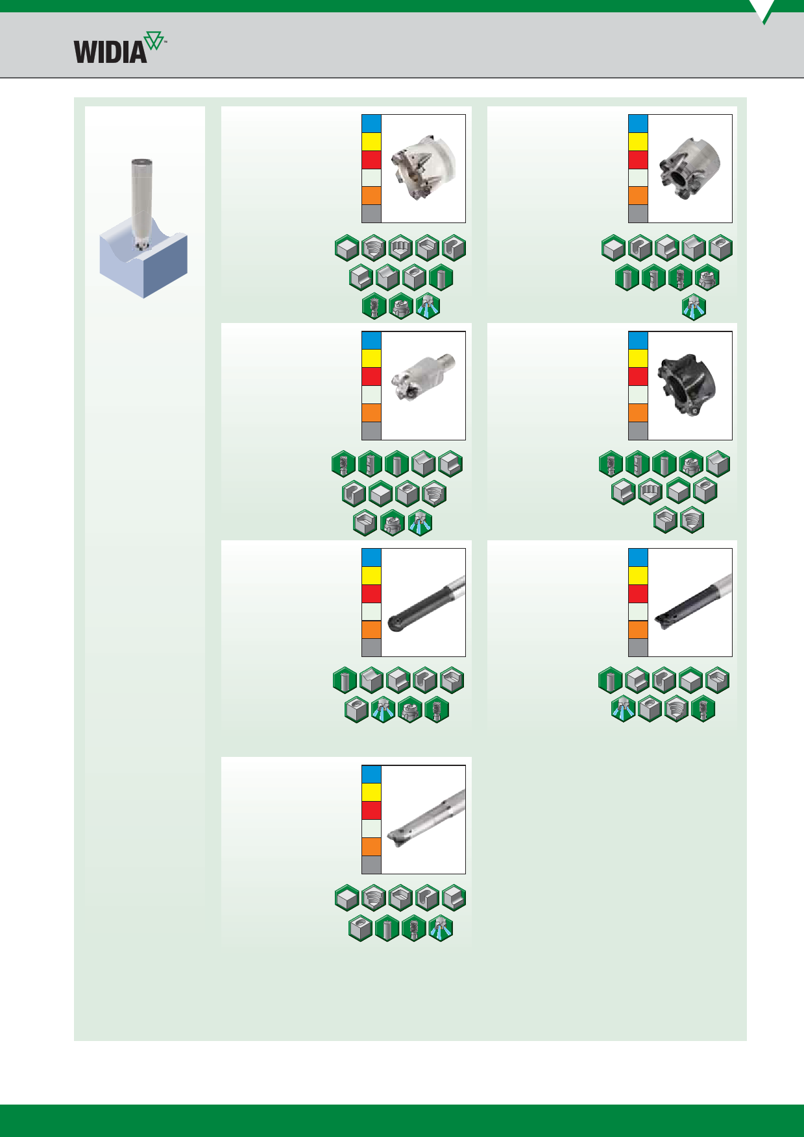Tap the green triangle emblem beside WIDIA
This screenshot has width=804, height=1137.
(154, 42)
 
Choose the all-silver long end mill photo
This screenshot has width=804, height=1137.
(426, 819)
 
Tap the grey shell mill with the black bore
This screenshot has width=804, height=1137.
(689, 168)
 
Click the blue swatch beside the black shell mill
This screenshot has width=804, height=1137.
(638, 341)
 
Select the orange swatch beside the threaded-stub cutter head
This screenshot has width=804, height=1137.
(371, 413)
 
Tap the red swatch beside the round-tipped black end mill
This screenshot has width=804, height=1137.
(371, 593)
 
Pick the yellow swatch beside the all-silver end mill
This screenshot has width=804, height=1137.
(371, 792)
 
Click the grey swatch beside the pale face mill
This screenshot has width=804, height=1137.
(371, 213)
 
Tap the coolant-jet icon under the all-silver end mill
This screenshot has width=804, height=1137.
(441, 928)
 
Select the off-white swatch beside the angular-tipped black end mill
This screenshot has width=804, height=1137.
(638, 612)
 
